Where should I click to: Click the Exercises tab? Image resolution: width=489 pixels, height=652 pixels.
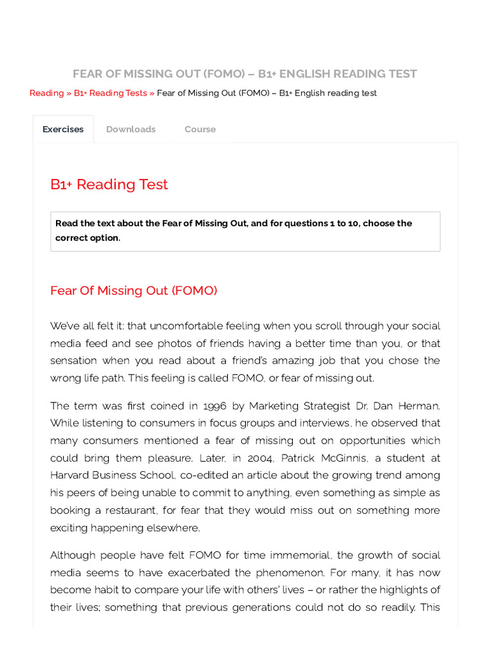[x=63, y=129]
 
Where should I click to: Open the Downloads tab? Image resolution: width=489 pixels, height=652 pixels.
[x=131, y=129]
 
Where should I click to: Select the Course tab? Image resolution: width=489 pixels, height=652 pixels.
[x=200, y=129]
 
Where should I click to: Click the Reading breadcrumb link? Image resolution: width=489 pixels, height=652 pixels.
[x=46, y=93]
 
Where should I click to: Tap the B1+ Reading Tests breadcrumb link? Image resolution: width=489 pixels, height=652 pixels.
[x=110, y=93]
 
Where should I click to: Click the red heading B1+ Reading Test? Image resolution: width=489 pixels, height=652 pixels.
[x=109, y=185]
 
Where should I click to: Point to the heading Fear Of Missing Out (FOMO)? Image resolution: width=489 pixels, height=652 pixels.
[x=134, y=291]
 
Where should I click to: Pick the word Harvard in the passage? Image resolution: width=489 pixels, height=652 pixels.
[x=73, y=475]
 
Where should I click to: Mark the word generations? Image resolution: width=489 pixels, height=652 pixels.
[x=298, y=607]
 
